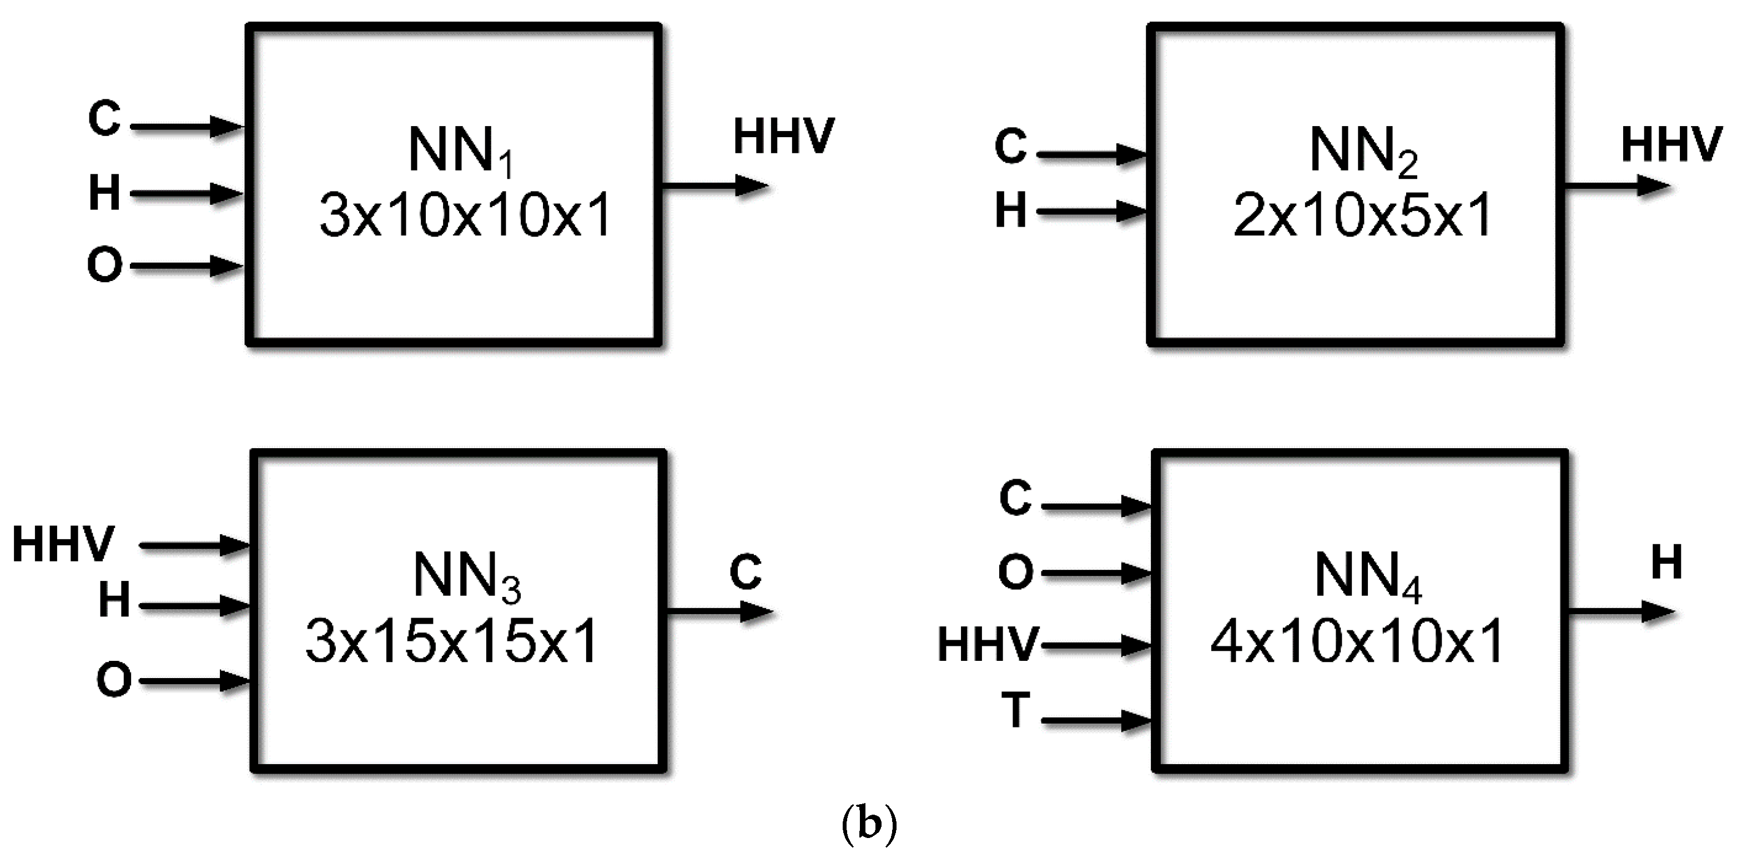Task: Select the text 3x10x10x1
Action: pos(465,215)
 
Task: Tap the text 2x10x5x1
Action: pos(1362,215)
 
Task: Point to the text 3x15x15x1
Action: pos(452,642)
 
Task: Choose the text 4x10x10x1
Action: pos(1357,642)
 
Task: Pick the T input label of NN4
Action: pos(1016,710)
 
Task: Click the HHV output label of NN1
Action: pos(783,137)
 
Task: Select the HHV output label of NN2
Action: pos(1672,144)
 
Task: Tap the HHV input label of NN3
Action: pos(64,545)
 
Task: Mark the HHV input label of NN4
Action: pos(988,645)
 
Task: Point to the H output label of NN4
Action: pos(1667,563)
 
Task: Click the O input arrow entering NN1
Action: pos(187,267)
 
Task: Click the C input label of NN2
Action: pos(1010,146)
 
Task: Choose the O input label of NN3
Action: pos(113,680)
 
